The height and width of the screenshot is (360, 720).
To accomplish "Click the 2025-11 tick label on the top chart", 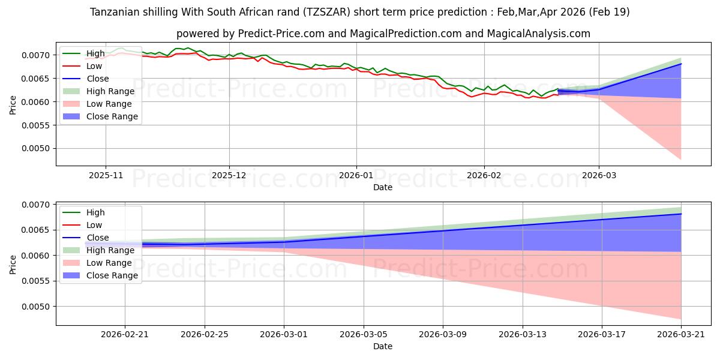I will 106,176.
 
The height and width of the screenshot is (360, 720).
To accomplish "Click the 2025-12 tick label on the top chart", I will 229,176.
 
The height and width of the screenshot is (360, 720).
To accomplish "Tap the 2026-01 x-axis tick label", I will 356,176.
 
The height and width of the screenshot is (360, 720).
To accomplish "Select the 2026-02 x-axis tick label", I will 484,176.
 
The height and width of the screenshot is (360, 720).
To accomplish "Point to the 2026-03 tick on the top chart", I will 599,176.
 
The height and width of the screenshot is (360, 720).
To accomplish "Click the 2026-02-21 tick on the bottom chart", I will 125,335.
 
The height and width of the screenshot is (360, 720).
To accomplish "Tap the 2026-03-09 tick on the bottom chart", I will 443,335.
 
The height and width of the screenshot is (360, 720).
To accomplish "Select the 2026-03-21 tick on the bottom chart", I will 681,335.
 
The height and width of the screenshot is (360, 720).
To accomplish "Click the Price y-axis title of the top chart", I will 13,104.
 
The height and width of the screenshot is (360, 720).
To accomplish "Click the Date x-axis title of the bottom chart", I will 383,346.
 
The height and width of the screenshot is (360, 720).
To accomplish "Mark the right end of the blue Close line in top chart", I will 681,64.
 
